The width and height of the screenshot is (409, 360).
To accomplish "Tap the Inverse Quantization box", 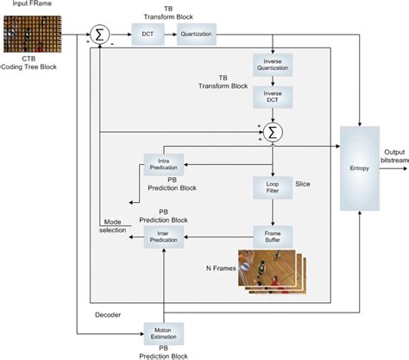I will pyautogui.click(x=273, y=66).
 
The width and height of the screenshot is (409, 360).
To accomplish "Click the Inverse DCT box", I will pyautogui.click(x=273, y=98).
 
